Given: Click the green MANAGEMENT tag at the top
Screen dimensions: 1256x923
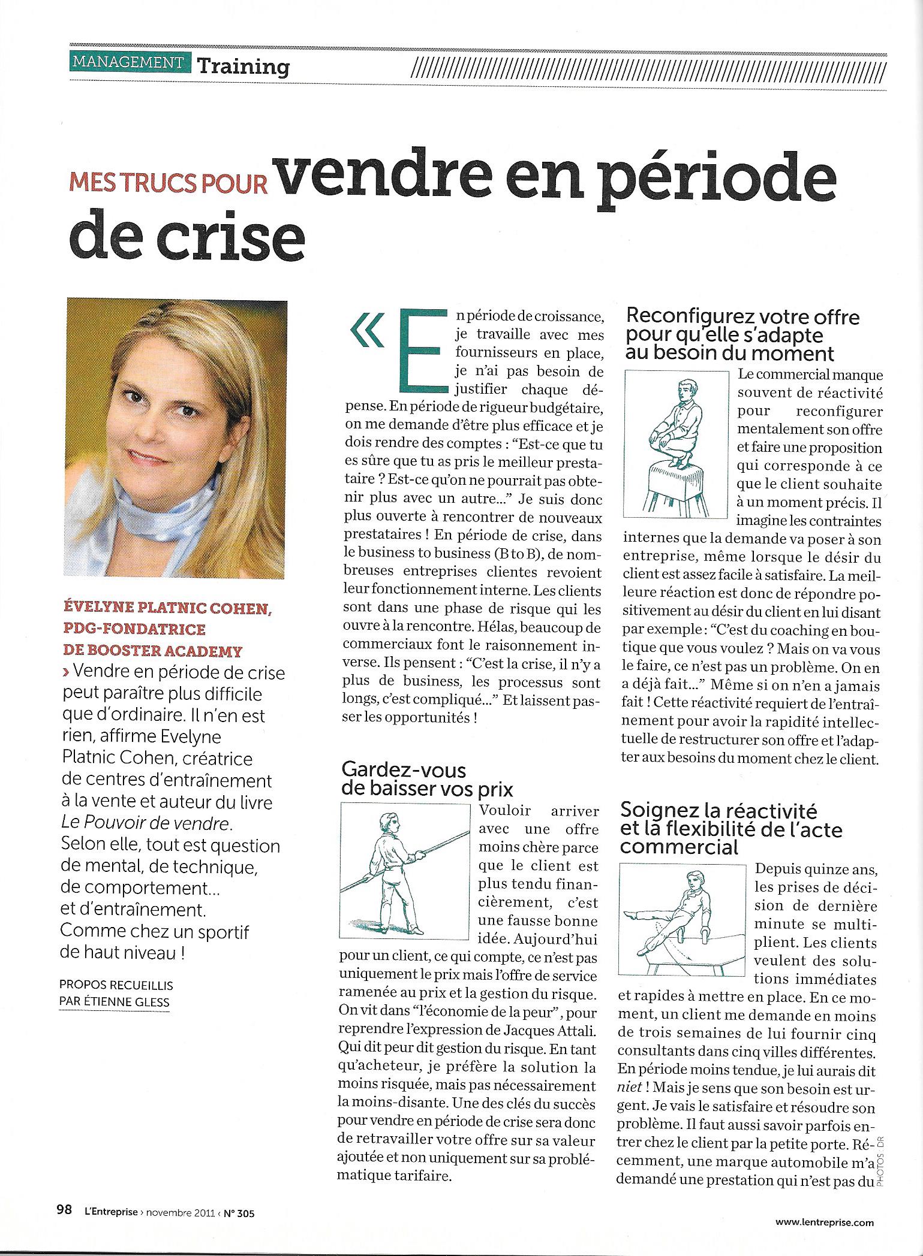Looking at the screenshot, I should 128,62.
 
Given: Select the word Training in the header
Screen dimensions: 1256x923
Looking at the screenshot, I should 243,66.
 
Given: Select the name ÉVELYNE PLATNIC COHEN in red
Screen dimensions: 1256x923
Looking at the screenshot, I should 167,609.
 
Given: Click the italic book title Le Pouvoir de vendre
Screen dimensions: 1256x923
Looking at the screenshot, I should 146,824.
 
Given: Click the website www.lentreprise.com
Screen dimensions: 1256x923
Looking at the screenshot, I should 824,1220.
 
